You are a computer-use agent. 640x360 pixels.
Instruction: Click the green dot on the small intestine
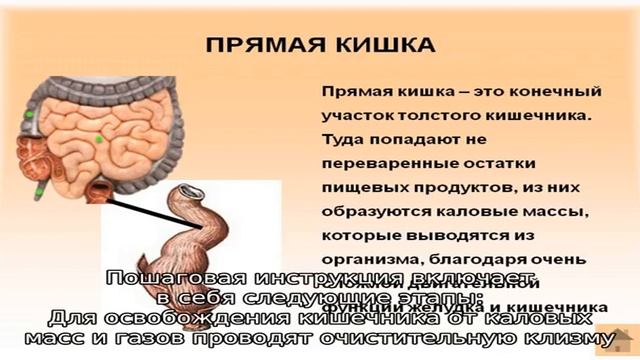pyautogui.click(x=100, y=137)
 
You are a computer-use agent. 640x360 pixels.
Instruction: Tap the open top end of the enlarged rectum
pyautogui.click(x=192, y=190)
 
